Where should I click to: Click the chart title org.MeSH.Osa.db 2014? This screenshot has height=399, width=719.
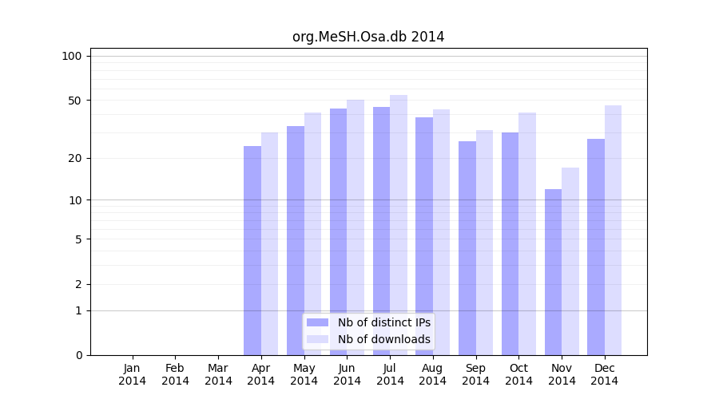[x=368, y=37]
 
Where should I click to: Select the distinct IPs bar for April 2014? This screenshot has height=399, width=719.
[x=252, y=251]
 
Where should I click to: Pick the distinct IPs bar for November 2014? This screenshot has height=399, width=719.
[x=553, y=272]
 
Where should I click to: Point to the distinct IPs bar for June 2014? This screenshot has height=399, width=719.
[x=338, y=231]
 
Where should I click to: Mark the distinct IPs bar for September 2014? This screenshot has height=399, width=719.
[x=467, y=248]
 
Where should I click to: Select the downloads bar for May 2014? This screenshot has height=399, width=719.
[x=312, y=234]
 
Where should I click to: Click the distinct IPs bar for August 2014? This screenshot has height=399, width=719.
[x=424, y=236]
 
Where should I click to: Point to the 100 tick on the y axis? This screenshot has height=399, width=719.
[x=72, y=56]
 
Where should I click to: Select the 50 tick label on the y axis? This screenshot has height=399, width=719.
[x=75, y=101]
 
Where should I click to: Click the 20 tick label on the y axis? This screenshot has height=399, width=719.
[x=75, y=158]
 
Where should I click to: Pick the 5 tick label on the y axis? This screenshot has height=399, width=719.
[x=78, y=239]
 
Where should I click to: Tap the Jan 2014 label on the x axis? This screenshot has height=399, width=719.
[x=133, y=374]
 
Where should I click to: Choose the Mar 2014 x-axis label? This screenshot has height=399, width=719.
[x=218, y=374]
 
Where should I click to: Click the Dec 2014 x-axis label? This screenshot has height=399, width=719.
[x=605, y=374]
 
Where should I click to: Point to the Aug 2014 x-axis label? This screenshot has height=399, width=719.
[x=433, y=374]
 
